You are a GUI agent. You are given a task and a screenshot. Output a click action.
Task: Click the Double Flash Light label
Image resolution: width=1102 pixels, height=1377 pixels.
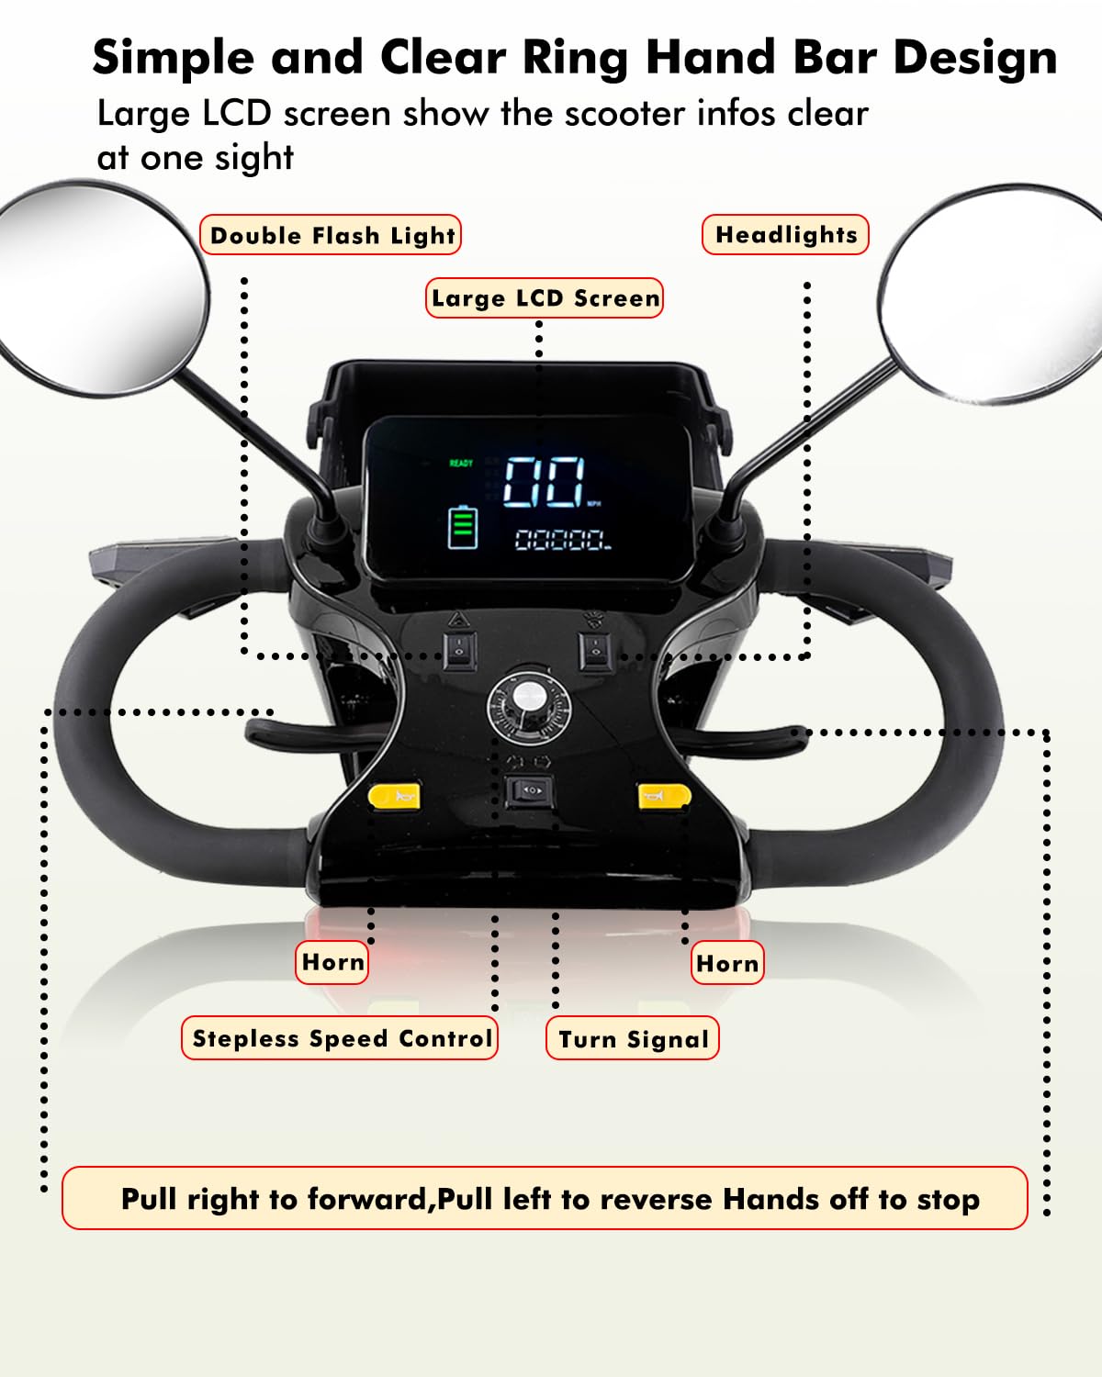332,235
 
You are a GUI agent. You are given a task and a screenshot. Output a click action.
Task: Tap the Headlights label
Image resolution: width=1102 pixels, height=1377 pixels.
785,235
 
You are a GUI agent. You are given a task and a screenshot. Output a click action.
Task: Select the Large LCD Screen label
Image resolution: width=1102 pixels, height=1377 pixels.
545,298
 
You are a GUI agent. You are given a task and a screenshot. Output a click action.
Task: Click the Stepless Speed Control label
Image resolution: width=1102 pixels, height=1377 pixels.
341,1038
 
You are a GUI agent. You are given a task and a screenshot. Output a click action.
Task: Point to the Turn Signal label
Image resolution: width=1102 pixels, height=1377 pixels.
633,1039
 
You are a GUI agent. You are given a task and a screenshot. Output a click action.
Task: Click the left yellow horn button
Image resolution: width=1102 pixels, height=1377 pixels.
394,796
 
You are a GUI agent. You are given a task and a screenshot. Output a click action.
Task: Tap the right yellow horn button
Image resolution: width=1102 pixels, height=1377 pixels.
663,796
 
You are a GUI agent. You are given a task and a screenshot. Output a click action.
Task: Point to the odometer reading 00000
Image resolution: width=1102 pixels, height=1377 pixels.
561,540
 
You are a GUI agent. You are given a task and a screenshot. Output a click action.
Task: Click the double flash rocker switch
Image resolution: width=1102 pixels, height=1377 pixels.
459,651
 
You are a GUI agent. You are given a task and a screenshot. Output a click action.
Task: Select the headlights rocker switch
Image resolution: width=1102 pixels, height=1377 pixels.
595,651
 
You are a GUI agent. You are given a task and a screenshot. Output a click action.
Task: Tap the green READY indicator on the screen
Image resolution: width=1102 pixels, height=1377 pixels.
461,464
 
